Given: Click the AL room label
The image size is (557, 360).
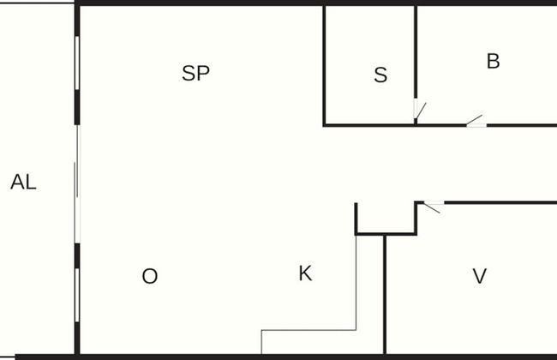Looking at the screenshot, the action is pos(23,182).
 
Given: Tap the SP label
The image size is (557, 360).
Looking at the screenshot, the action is pos(195,73).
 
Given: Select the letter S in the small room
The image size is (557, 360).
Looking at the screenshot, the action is pos(380,75).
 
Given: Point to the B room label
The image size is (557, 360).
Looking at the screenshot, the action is pos(493,61).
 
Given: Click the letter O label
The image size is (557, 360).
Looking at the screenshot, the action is pos(150,276).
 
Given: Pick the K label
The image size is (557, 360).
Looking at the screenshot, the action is pos(306,273).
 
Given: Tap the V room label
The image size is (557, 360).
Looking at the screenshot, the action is pos(480,276).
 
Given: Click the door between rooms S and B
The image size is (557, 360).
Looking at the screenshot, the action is pos(419,110).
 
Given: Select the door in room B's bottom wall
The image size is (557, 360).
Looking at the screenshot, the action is pos(476,121).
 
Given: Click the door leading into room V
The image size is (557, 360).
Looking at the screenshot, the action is pos(434,207).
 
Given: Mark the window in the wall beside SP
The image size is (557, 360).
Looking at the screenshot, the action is pos(77,63).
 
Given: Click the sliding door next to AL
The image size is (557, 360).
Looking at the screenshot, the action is pos(77,183).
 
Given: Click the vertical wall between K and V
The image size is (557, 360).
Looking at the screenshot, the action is pos(385,295).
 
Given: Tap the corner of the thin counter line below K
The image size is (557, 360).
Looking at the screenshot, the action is pos(356,330).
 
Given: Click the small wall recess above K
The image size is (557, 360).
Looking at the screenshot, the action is pos(386,219).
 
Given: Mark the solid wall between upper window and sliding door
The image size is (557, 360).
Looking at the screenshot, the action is pos(77,107).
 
